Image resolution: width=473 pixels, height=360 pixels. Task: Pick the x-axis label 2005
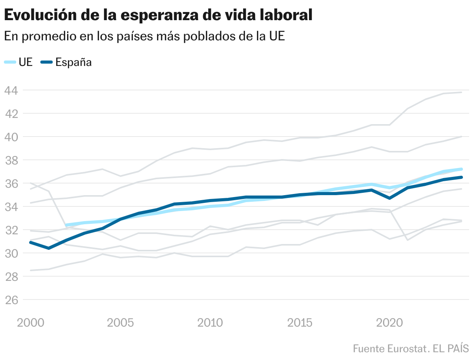pos(121,323)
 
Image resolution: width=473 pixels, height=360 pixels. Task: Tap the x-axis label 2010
pos(210,323)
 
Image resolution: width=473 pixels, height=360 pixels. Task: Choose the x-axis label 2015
pos(300,323)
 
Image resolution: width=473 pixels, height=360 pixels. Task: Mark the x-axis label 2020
pos(389,323)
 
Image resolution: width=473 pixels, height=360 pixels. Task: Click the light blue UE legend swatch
pos(10,62)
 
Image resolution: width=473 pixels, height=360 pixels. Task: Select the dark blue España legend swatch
pos(46,62)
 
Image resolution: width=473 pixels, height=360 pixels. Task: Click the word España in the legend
pos(74,62)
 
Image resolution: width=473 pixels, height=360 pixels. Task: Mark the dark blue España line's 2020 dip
pos(390,198)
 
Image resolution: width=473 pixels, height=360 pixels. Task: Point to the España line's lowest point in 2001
pos(48,248)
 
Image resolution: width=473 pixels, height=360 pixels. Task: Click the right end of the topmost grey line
pos(461,92)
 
